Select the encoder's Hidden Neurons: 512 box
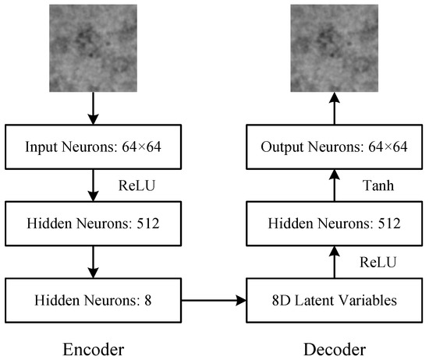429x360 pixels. pyautogui.click(x=94, y=224)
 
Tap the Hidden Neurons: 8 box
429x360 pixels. pyautogui.click(x=94, y=298)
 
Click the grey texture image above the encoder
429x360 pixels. pyautogui.click(x=94, y=46)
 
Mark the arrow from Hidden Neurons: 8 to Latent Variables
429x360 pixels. pyautogui.click(x=214, y=298)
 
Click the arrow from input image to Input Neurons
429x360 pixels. pyautogui.click(x=94, y=109)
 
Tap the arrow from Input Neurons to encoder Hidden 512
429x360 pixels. pyautogui.click(x=94, y=186)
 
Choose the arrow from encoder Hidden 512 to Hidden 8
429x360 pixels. pyautogui.click(x=94, y=262)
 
